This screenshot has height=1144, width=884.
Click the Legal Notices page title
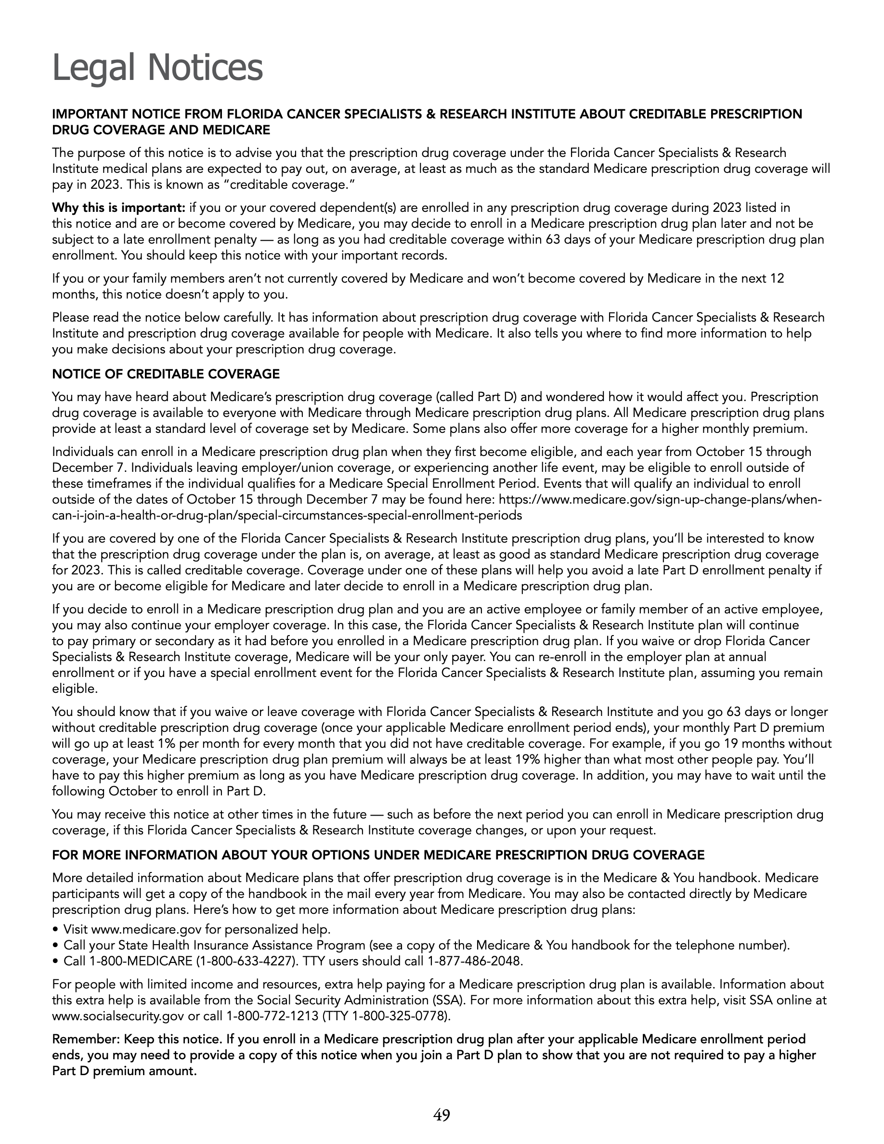pos(157,68)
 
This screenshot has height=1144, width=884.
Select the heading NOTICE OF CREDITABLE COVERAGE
pos(166,374)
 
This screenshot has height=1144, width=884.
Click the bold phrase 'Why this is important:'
pos(118,208)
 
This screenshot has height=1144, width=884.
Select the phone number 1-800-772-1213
pos(272,1016)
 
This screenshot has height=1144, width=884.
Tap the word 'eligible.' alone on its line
pos(75,689)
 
